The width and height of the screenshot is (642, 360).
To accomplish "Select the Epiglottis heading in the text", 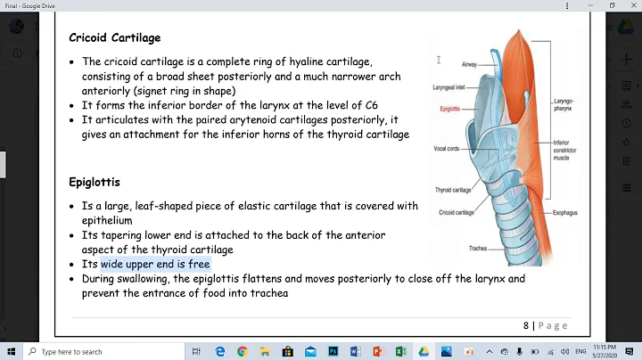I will [x=95, y=182].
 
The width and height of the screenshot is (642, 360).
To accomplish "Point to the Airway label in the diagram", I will [x=469, y=65].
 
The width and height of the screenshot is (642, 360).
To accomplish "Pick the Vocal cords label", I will [x=446, y=148].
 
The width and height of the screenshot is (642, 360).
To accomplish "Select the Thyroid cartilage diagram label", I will [x=453, y=190].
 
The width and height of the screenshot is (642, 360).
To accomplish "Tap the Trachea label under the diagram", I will [x=476, y=248].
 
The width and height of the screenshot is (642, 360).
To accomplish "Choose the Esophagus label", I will [x=566, y=213].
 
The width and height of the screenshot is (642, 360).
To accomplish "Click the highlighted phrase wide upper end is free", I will [x=155, y=265].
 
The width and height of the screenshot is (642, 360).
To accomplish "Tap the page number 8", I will [x=526, y=325].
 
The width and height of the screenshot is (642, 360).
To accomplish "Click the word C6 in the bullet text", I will [x=371, y=105].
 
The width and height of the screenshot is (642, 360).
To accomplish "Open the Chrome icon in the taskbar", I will [x=243, y=351].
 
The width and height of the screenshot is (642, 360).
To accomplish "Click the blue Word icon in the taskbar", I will [x=355, y=351].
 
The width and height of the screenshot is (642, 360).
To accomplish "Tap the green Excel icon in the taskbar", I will [x=401, y=351].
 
